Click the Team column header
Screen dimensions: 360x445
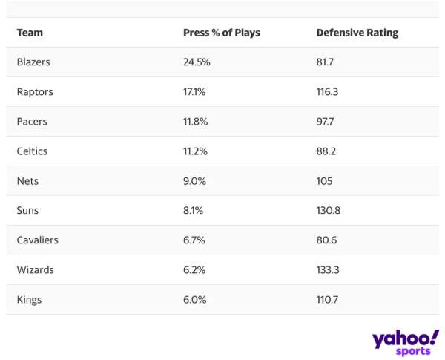tap(30, 33)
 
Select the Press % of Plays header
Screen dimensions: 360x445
tap(221, 33)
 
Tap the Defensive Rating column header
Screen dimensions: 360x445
tap(357, 33)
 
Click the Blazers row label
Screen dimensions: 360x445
tap(33, 62)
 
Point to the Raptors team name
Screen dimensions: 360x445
tap(35, 92)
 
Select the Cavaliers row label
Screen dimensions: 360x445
tap(37, 240)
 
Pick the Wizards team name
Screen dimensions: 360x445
tap(36, 270)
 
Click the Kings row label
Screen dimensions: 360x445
tap(29, 300)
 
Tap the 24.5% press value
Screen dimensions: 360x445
tap(197, 62)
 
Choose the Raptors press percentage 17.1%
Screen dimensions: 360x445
tap(196, 92)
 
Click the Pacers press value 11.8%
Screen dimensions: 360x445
tap(196, 122)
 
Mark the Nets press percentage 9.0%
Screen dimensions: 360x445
tap(194, 181)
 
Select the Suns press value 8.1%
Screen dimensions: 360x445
tap(194, 211)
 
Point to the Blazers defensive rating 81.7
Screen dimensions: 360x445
tap(325, 62)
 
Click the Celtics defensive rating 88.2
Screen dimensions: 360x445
tap(326, 151)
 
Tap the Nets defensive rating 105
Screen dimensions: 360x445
tap(324, 181)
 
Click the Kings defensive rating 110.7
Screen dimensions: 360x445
tap(327, 300)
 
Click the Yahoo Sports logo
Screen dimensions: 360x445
tap(406, 342)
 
